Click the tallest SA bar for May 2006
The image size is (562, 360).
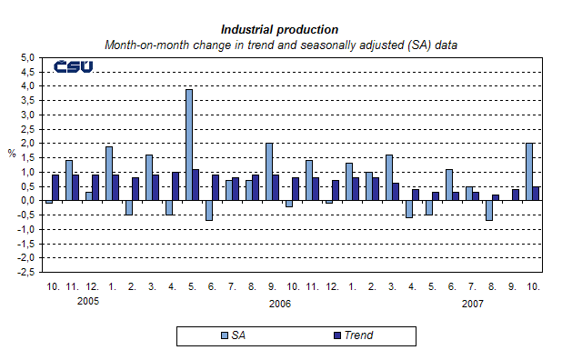[x=188, y=145]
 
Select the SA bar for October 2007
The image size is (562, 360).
[x=529, y=172]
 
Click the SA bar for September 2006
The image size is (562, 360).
[x=268, y=172]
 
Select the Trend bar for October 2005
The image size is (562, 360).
[x=55, y=187]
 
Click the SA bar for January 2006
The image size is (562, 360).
[x=108, y=174]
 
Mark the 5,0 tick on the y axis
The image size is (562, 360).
[x=26, y=57]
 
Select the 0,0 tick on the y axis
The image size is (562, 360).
[x=26, y=201]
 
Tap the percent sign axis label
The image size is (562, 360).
[x=12, y=153]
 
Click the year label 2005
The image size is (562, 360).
[x=88, y=301]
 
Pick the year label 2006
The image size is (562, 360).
[x=280, y=302]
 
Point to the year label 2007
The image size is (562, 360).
[x=473, y=302]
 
